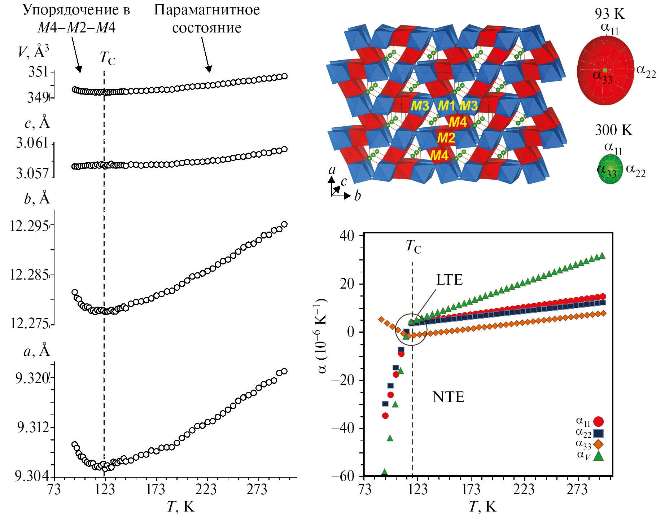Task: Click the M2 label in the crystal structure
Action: tap(446, 138)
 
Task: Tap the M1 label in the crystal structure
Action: tap(447, 106)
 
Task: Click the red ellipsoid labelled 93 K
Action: tap(605, 70)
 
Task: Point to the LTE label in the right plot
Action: tap(449, 280)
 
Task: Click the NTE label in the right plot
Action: tap(449, 397)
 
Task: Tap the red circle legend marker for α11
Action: tap(598, 422)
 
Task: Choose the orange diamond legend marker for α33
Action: tap(598, 444)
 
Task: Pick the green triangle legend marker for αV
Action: tap(599, 456)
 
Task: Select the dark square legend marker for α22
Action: tap(598, 433)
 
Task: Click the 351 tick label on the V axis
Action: tap(38, 72)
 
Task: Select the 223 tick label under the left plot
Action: tap(206, 490)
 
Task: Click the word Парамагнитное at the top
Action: tap(207, 10)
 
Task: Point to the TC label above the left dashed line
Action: tap(107, 58)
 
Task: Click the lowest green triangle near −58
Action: tap(385, 472)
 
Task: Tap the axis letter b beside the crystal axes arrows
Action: tap(357, 196)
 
